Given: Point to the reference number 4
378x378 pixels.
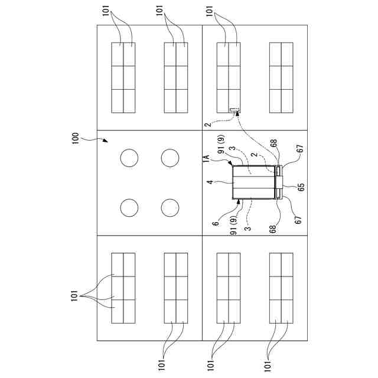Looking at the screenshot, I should click(210, 183).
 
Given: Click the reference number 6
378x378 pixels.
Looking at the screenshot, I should click(216, 223).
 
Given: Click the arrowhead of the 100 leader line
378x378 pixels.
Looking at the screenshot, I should click(106, 142).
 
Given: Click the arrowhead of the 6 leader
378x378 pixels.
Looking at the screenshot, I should click(240, 201).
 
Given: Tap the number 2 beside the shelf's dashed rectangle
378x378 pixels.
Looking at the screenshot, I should click(207, 125).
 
